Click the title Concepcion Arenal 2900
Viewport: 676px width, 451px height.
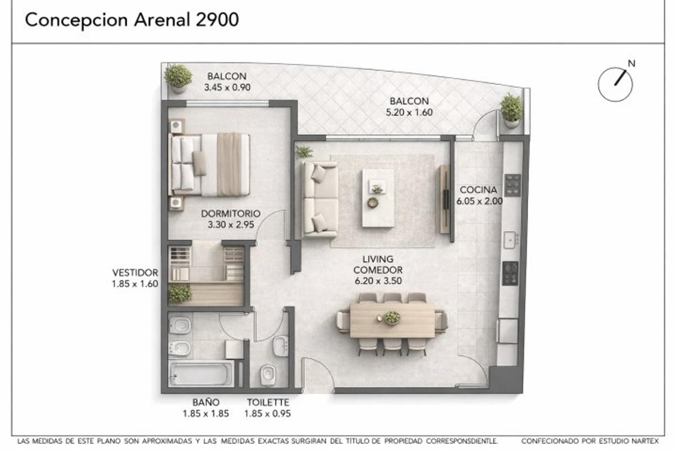click(132, 20)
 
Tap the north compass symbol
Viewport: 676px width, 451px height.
click(615, 84)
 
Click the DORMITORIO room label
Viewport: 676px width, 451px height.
click(230, 213)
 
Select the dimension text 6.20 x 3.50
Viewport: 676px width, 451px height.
click(378, 281)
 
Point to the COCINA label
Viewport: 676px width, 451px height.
click(478, 190)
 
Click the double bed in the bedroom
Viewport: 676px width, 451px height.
click(210, 165)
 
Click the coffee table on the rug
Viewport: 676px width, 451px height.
click(378, 198)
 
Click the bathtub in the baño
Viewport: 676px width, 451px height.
click(201, 374)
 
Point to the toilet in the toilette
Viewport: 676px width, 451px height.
click(267, 375)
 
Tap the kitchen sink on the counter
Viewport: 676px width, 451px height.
click(510, 240)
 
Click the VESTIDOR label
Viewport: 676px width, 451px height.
click(135, 273)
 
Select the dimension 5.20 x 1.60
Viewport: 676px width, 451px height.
click(409, 112)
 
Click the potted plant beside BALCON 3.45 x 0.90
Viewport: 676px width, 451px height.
click(178, 78)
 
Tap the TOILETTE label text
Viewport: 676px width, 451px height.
click(267, 403)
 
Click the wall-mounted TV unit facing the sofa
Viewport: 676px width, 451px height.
click(445, 199)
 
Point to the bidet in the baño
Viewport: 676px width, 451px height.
click(180, 347)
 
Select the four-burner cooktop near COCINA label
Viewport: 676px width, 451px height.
click(512, 185)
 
